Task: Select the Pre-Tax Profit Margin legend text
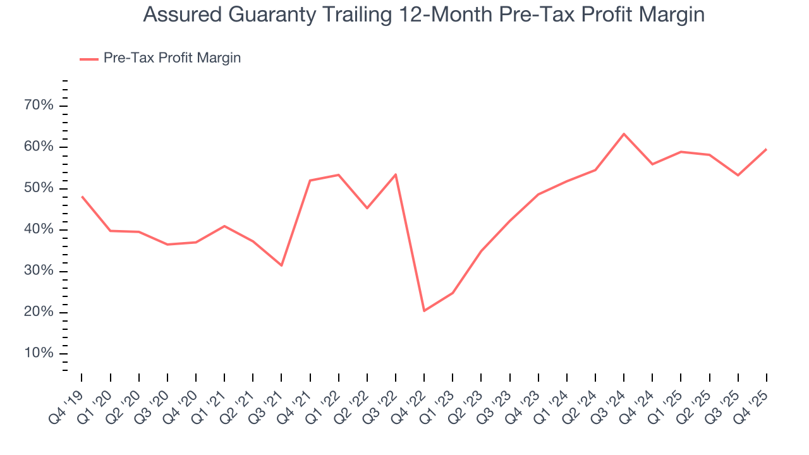pyautogui.click(x=172, y=58)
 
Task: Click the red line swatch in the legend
pyautogui.click(x=88, y=59)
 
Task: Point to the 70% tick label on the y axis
pyautogui.click(x=39, y=105)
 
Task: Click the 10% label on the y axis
pyautogui.click(x=39, y=353)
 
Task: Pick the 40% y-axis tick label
pyautogui.click(x=39, y=229)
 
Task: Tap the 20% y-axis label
pyautogui.click(x=39, y=312)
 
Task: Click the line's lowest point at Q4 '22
pyautogui.click(x=424, y=311)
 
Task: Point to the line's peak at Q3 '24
pyautogui.click(x=624, y=134)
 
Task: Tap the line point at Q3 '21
pyautogui.click(x=281, y=265)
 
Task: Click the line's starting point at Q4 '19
pyautogui.click(x=82, y=197)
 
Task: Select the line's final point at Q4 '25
pyautogui.click(x=767, y=149)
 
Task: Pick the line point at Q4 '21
pyautogui.click(x=310, y=181)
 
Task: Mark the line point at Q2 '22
pyautogui.click(x=367, y=208)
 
